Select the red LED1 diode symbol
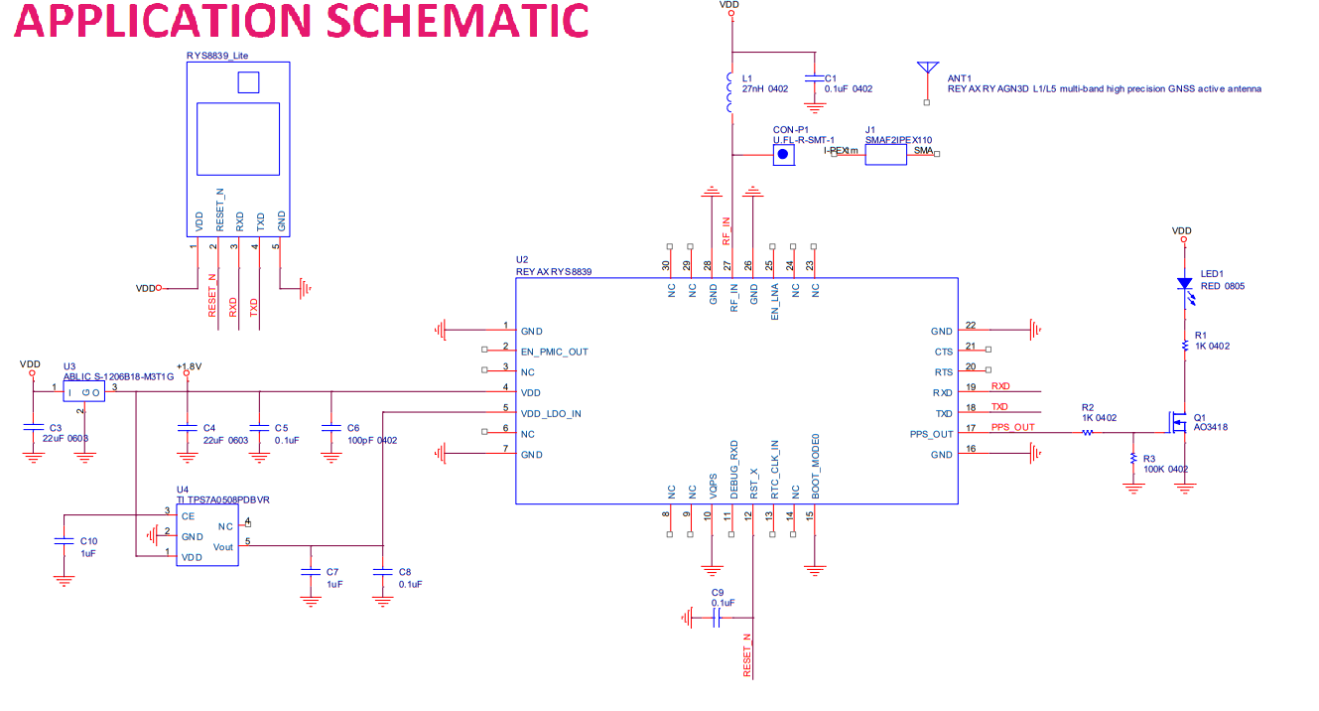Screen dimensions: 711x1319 [1183, 284]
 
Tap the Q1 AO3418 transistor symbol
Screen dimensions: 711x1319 [1177, 427]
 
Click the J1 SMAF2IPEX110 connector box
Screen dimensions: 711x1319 [885, 153]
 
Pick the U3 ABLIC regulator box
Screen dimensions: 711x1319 [84, 393]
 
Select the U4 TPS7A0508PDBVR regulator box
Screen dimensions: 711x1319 [207, 535]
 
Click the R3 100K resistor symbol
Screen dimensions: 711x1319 [1132, 459]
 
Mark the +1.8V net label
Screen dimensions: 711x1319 [189, 366]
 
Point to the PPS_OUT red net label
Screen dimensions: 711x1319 [1012, 428]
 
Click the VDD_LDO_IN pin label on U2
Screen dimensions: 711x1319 [551, 413]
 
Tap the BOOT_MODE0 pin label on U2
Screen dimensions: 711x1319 [815, 461]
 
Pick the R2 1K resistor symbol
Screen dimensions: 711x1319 [1088, 433]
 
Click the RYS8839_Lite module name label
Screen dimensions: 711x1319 [216, 55]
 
